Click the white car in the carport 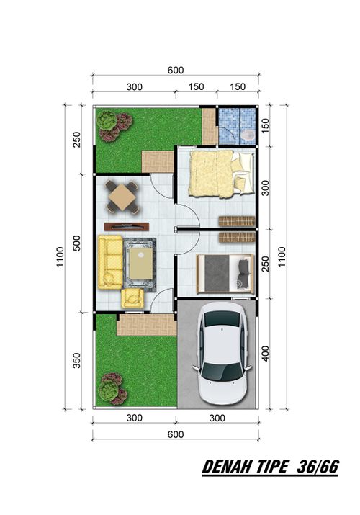[224, 353]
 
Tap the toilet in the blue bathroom [248, 135]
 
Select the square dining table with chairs [122, 197]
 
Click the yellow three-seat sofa [111, 262]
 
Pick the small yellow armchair [132, 298]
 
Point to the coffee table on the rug [141, 264]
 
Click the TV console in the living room [127, 227]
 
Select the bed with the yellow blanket [221, 174]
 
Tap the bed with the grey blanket [225, 274]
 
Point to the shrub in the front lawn [112, 388]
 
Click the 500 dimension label [76, 243]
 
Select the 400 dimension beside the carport [265, 354]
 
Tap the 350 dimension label [76, 360]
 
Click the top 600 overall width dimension [176, 71]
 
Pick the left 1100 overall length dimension [60, 257]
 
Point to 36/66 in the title [318, 467]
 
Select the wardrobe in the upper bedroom [237, 221]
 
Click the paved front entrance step [146, 325]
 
